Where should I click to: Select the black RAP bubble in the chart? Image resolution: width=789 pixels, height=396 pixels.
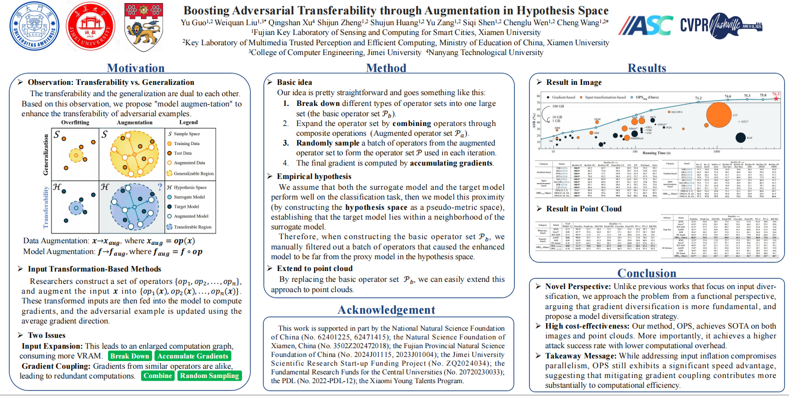click(x=740, y=137)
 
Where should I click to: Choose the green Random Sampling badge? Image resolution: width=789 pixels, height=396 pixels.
click(x=209, y=375)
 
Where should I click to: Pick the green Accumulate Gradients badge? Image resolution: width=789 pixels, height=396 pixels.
click(x=193, y=356)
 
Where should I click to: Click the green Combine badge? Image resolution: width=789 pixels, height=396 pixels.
click(x=158, y=375)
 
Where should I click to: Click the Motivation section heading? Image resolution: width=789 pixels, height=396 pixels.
click(x=136, y=68)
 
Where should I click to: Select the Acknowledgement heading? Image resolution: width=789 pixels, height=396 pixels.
click(x=386, y=310)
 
